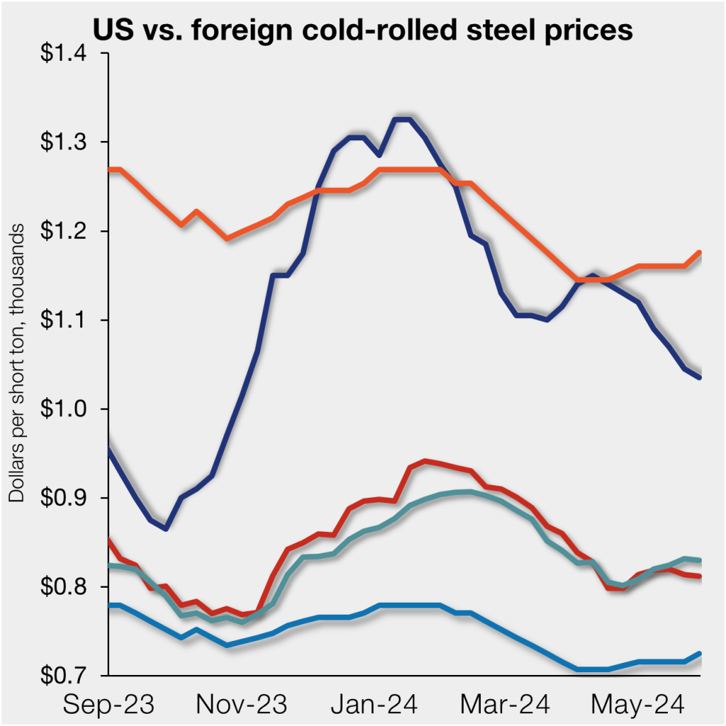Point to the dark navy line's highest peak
point(402,119)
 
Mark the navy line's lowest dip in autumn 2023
point(166,528)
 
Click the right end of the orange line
point(700,252)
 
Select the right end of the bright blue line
point(700,653)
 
